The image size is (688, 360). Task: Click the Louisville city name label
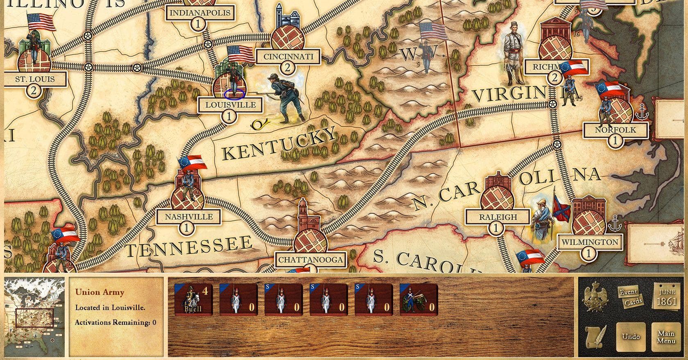(231, 105)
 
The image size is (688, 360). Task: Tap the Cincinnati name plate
(288, 57)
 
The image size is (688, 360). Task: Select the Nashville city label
(189, 217)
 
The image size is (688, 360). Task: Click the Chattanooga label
(310, 259)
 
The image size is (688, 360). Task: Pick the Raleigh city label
(498, 217)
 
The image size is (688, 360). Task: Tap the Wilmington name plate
(589, 242)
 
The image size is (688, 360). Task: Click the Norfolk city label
(615, 130)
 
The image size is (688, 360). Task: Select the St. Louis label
(35, 79)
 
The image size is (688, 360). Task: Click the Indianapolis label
(200, 12)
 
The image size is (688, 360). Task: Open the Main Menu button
(666, 337)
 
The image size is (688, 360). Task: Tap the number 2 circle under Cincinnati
(287, 68)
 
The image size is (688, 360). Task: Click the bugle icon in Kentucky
(259, 124)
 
